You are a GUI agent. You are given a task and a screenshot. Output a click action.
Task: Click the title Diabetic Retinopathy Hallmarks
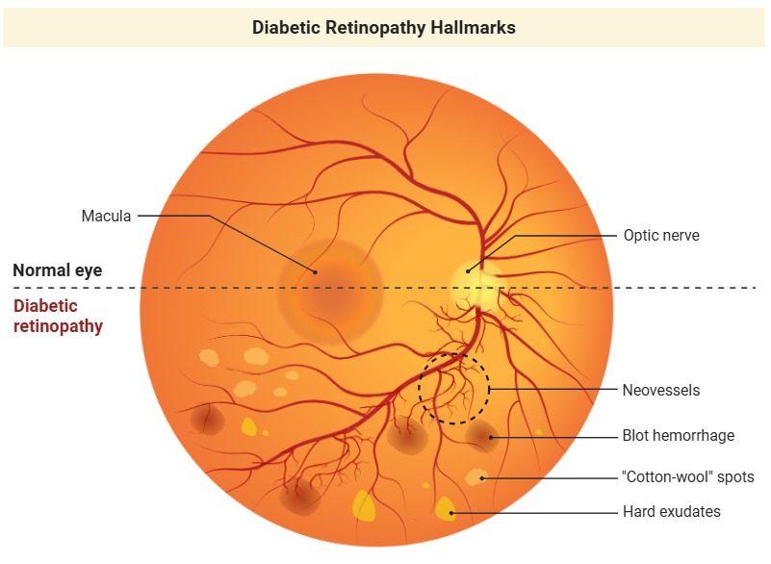tap(383, 28)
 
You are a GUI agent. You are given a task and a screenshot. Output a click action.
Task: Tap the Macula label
tap(106, 216)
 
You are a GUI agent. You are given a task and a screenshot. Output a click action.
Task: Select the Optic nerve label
tap(661, 235)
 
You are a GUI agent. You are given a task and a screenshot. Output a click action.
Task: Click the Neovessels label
tap(661, 390)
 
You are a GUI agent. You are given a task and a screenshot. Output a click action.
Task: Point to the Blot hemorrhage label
tap(678, 435)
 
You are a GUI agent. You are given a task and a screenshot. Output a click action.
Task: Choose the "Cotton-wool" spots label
tap(688, 476)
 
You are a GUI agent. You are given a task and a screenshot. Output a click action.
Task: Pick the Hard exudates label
tap(671, 511)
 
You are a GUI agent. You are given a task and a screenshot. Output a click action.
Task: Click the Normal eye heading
tap(58, 269)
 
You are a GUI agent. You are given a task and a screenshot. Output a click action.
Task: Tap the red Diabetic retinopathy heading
tap(58, 316)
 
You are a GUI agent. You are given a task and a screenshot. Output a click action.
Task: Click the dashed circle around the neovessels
tap(489, 389)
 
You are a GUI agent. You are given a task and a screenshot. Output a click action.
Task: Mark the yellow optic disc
tap(475, 288)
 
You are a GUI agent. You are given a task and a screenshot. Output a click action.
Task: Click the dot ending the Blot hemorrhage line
tap(491, 437)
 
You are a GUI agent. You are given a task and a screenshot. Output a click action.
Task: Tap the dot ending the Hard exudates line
tap(452, 513)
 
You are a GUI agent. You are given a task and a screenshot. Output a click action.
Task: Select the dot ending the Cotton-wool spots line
tap(482, 478)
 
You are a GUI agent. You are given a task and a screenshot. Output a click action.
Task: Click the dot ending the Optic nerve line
tap(468, 271)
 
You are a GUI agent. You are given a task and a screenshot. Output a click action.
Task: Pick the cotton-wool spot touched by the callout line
tap(475, 477)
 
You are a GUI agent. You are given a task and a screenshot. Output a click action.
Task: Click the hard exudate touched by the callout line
tap(445, 509)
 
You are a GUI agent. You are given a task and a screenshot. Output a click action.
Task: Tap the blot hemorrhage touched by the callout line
tap(482, 436)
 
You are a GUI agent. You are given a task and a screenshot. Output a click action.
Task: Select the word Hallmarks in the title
tap(473, 28)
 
